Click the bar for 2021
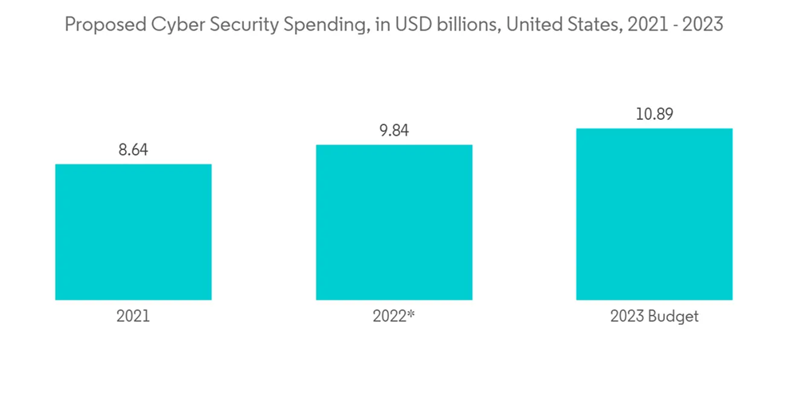(x=133, y=232)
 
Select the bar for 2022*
(x=394, y=223)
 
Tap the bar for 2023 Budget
(x=654, y=214)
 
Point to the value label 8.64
(x=134, y=149)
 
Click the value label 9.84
(x=394, y=130)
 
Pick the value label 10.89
(x=654, y=114)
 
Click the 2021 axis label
(x=133, y=317)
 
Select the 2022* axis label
(x=394, y=317)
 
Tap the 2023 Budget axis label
(x=654, y=317)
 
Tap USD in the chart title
(x=399, y=25)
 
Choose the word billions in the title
(x=452, y=25)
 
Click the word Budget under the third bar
(x=674, y=317)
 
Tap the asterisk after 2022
(x=412, y=314)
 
